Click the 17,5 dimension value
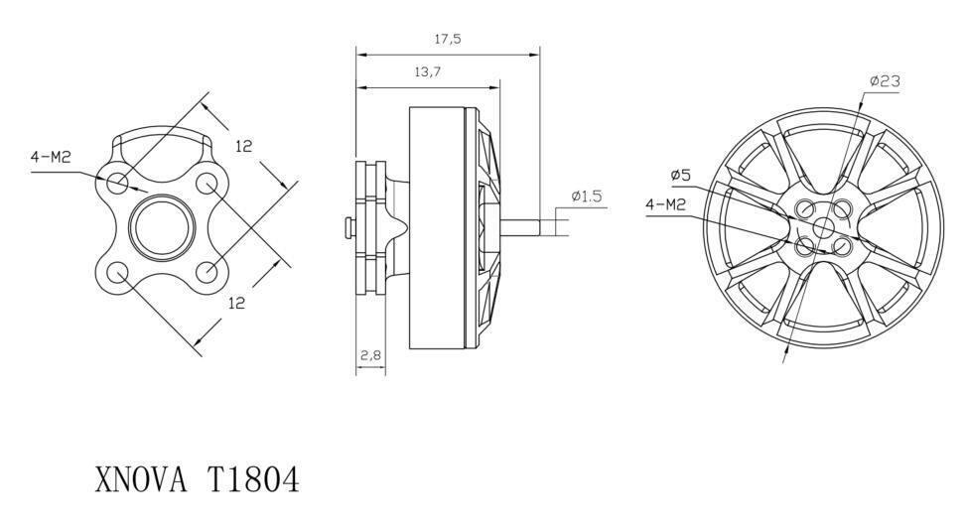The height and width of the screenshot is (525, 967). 448,40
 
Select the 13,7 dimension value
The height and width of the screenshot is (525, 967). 427,72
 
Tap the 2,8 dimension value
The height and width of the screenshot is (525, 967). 370,355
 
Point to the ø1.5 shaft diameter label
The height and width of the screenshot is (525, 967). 586,197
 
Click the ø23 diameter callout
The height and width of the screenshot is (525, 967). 885,80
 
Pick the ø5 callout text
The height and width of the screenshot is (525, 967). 681,176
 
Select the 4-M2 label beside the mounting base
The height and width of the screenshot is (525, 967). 52,157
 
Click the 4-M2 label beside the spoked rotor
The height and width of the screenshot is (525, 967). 666,204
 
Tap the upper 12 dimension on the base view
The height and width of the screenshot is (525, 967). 244,146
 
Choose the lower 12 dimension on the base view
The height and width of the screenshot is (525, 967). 237,303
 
